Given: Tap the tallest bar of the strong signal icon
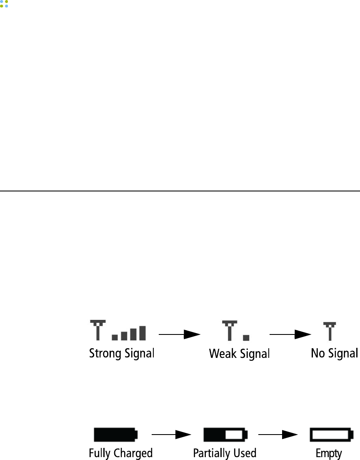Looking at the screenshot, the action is click(142, 333).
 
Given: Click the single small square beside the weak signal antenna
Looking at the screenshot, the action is click(246, 337).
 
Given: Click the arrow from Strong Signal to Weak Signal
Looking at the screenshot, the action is click(179, 334).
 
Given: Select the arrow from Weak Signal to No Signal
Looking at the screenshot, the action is click(290, 334).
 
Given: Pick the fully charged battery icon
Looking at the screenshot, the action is click(115, 435).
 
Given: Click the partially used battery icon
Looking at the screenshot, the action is click(225, 435).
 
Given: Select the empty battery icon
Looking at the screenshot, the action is click(332, 435).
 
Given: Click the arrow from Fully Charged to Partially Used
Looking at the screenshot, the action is click(171, 435).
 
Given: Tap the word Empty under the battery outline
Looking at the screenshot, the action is click(329, 453).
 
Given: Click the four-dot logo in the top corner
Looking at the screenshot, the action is click(4, 4).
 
